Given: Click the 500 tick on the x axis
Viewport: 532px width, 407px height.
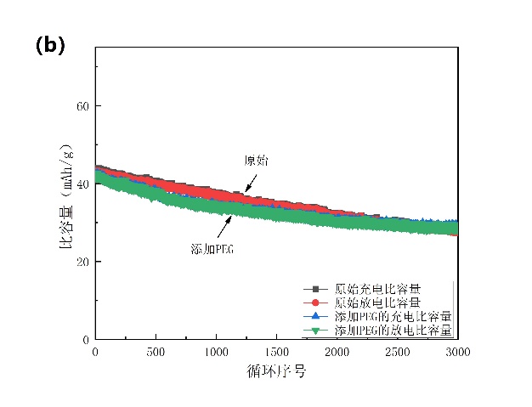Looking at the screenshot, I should click(156, 352).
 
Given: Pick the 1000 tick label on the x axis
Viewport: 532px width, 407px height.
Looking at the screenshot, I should click(216, 352).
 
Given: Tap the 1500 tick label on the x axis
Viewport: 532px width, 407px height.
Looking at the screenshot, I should click(277, 352).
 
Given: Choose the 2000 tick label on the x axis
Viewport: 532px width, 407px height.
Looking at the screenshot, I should click(337, 352).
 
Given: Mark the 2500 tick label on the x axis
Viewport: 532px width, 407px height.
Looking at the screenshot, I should click(398, 352).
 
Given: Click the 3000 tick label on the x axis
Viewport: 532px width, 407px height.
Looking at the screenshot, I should click(458, 352).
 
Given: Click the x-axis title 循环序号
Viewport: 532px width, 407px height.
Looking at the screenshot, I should click(276, 371).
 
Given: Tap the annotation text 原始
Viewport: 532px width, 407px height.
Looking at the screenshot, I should click(256, 161).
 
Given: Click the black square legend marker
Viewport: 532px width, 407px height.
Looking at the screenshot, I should click(316, 289).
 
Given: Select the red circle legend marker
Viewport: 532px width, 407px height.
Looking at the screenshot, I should click(316, 302).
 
